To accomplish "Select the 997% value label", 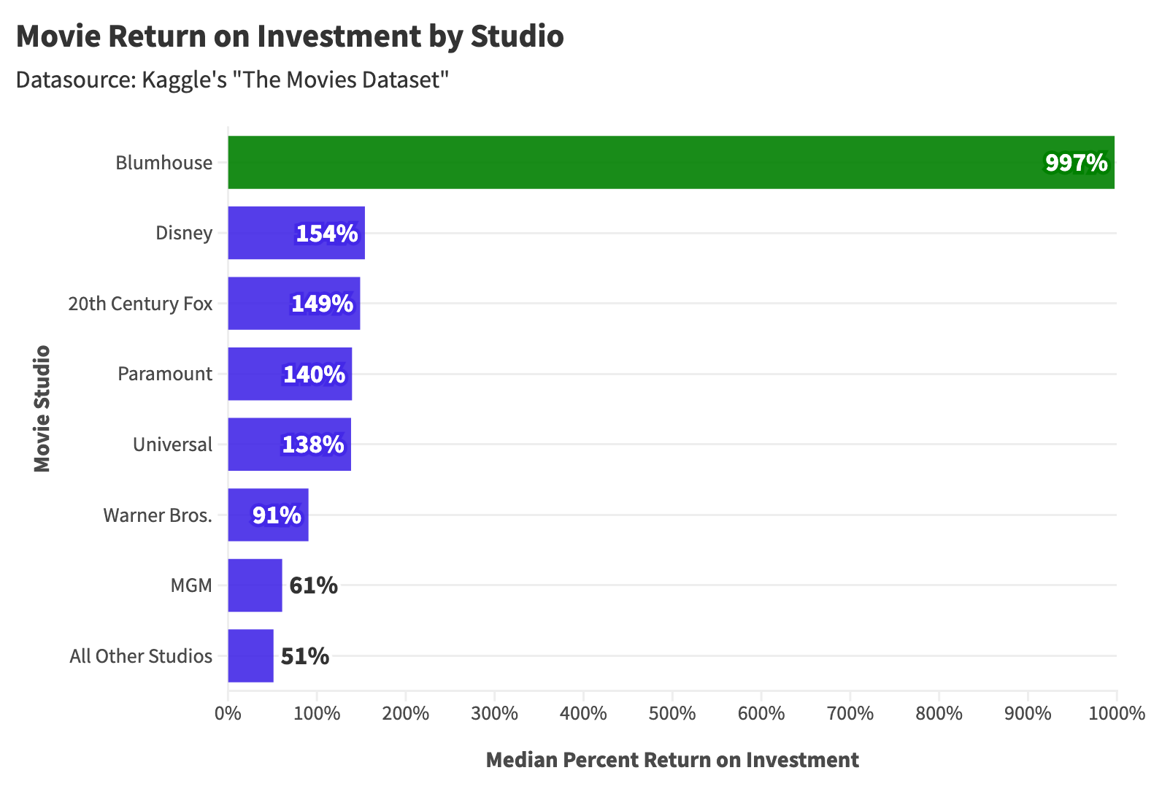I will (1076, 162).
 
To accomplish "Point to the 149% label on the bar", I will (322, 303).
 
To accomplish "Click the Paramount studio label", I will (165, 374).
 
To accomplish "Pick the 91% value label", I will (277, 515).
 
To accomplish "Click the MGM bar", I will (255, 585).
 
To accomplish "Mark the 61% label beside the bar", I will (313, 585).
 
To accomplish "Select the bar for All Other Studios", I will (250, 655).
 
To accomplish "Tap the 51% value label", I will (304, 655).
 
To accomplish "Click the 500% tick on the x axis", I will (672, 713).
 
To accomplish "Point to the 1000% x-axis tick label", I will (1116, 713).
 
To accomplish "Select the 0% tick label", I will (228, 713).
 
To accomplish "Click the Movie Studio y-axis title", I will (42, 408).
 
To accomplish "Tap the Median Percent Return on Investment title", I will (672, 760).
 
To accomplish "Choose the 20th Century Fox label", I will (140, 303).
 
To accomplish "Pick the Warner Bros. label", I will (158, 515).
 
